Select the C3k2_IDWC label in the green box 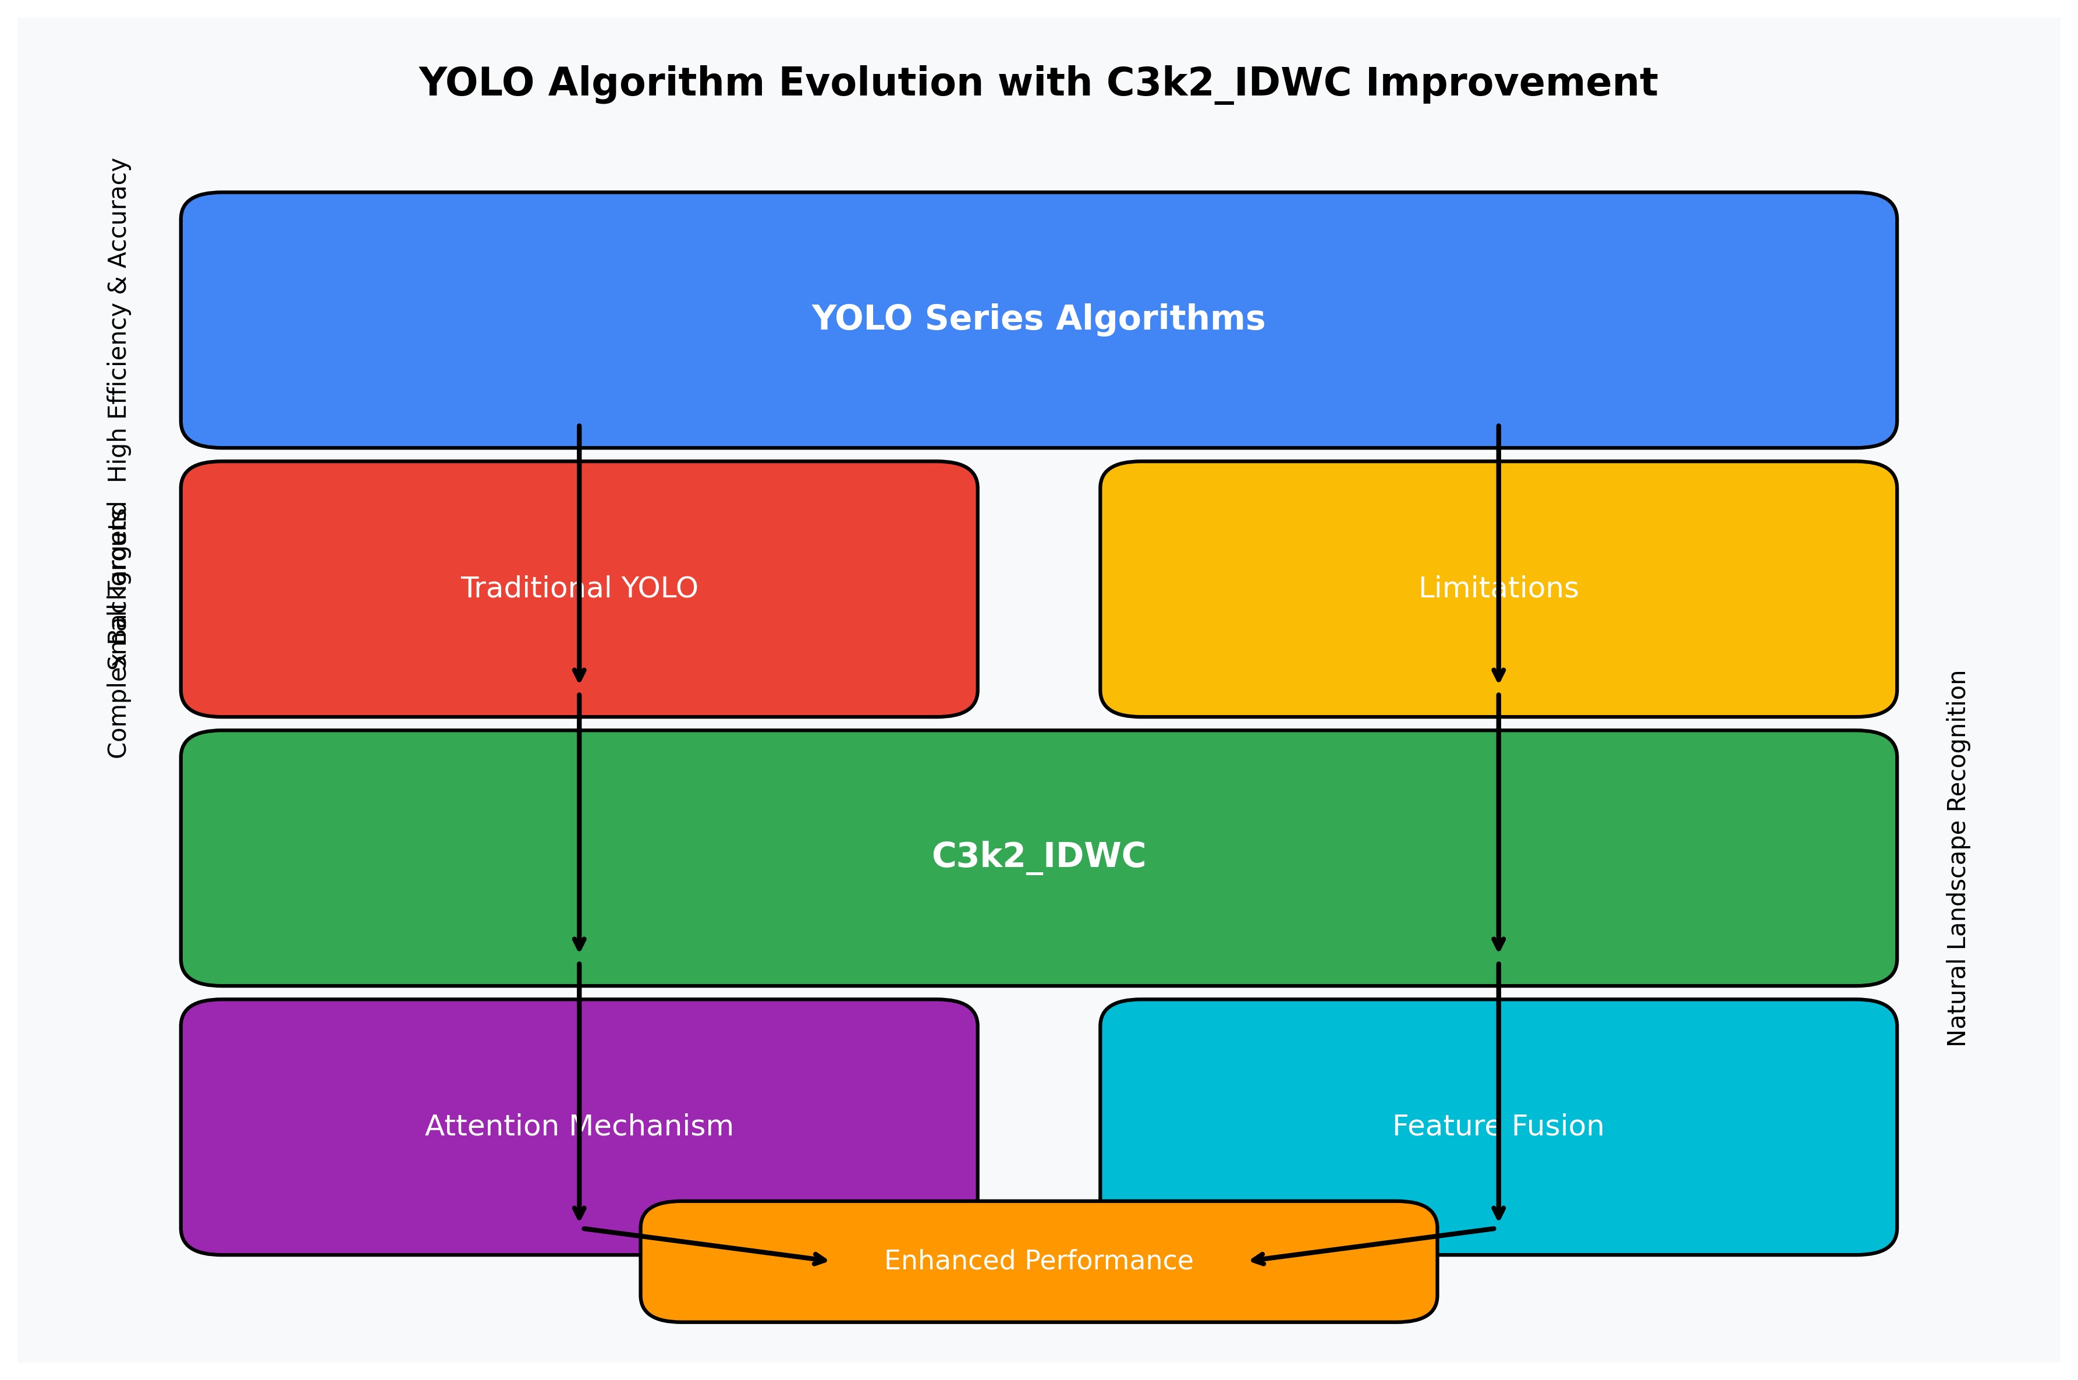(x=1038, y=855)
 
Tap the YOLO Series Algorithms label (x=1038, y=318)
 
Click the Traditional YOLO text (x=579, y=588)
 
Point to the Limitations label (x=1498, y=588)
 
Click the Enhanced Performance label (x=1038, y=1260)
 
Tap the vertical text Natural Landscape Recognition (x=1956, y=858)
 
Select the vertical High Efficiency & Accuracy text (x=118, y=320)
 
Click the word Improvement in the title (x=1512, y=83)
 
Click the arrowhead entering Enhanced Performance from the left (x=820, y=1260)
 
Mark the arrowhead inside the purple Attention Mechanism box (x=579, y=1213)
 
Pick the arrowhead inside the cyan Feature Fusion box (x=1498, y=1213)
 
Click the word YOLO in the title (x=476, y=83)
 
